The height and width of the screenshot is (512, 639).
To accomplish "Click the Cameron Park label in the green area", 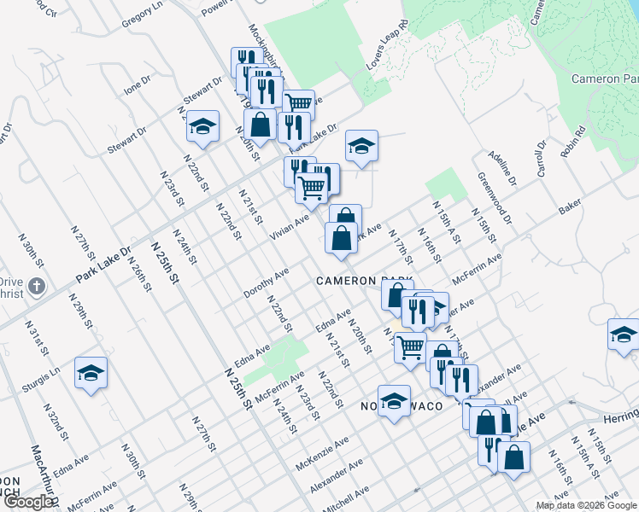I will [x=609, y=79].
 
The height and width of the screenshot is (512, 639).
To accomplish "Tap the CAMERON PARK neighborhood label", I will [x=363, y=281].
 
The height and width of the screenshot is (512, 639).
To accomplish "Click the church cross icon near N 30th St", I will [x=36, y=286].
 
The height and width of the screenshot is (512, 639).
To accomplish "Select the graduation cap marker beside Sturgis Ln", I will [x=91, y=373].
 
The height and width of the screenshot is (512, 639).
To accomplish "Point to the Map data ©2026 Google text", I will [x=585, y=505].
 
